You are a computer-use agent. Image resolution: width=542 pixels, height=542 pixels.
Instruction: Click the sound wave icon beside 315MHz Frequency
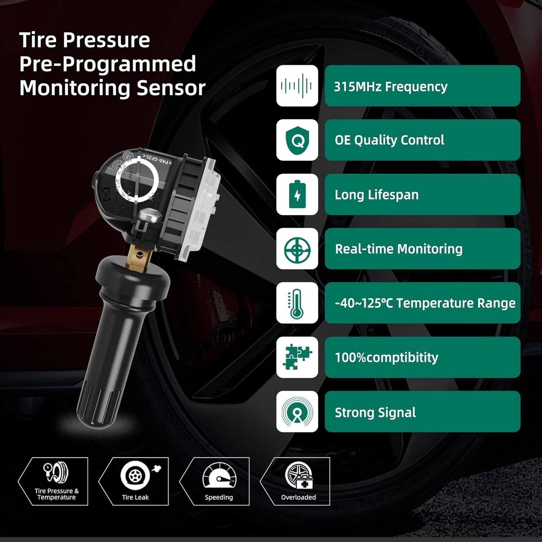297,86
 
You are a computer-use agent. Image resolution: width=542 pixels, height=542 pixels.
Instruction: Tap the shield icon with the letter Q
297,140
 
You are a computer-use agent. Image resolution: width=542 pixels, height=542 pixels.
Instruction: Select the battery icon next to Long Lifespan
297,194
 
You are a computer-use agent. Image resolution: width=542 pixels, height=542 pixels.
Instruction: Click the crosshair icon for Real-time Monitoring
297,249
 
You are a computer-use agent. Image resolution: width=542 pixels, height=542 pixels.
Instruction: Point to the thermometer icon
297,303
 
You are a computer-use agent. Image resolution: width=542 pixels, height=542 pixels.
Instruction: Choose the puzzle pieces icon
297,357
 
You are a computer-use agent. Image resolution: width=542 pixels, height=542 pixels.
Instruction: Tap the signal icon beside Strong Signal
297,412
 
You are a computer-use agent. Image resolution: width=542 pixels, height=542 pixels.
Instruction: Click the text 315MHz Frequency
390,87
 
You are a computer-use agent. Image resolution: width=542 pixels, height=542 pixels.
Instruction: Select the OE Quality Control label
389,140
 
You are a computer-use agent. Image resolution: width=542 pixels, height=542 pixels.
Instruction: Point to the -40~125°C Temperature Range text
425,303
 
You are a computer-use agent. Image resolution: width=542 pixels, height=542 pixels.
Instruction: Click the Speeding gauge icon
219,475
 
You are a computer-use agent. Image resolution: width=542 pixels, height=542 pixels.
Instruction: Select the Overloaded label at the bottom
298,498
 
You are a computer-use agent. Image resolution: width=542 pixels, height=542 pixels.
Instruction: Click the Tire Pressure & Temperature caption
56,494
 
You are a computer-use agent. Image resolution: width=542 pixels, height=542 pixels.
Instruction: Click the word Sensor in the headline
171,88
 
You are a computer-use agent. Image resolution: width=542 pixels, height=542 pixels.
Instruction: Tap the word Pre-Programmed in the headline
107,64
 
